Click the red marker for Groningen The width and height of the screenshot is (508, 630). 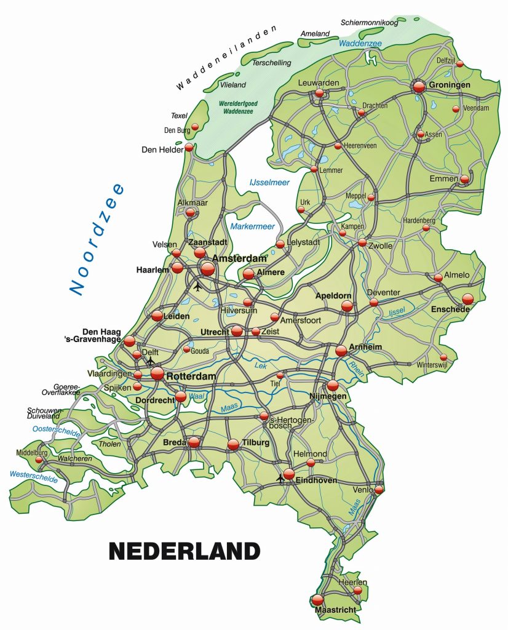click(x=419, y=87)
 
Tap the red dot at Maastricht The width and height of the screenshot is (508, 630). click(x=317, y=599)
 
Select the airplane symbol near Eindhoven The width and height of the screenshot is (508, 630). click(x=281, y=477)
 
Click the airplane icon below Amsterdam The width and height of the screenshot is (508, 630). click(x=197, y=286)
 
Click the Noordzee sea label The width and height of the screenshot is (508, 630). click(x=97, y=239)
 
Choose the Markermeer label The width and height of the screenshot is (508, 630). click(x=252, y=226)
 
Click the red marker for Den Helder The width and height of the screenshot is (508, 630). click(x=189, y=148)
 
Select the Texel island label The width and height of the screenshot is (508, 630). click(x=179, y=115)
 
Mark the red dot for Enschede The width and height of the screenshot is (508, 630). click(x=467, y=299)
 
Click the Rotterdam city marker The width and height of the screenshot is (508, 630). click(x=157, y=373)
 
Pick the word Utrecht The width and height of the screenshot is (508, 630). click(x=215, y=332)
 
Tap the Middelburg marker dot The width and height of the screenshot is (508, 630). click(x=39, y=460)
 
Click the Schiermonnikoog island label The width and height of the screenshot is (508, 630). click(x=369, y=23)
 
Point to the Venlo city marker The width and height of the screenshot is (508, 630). click(x=379, y=490)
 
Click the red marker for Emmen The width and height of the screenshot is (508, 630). click(x=465, y=179)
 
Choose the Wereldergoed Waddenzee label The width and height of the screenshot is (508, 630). click(x=232, y=108)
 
